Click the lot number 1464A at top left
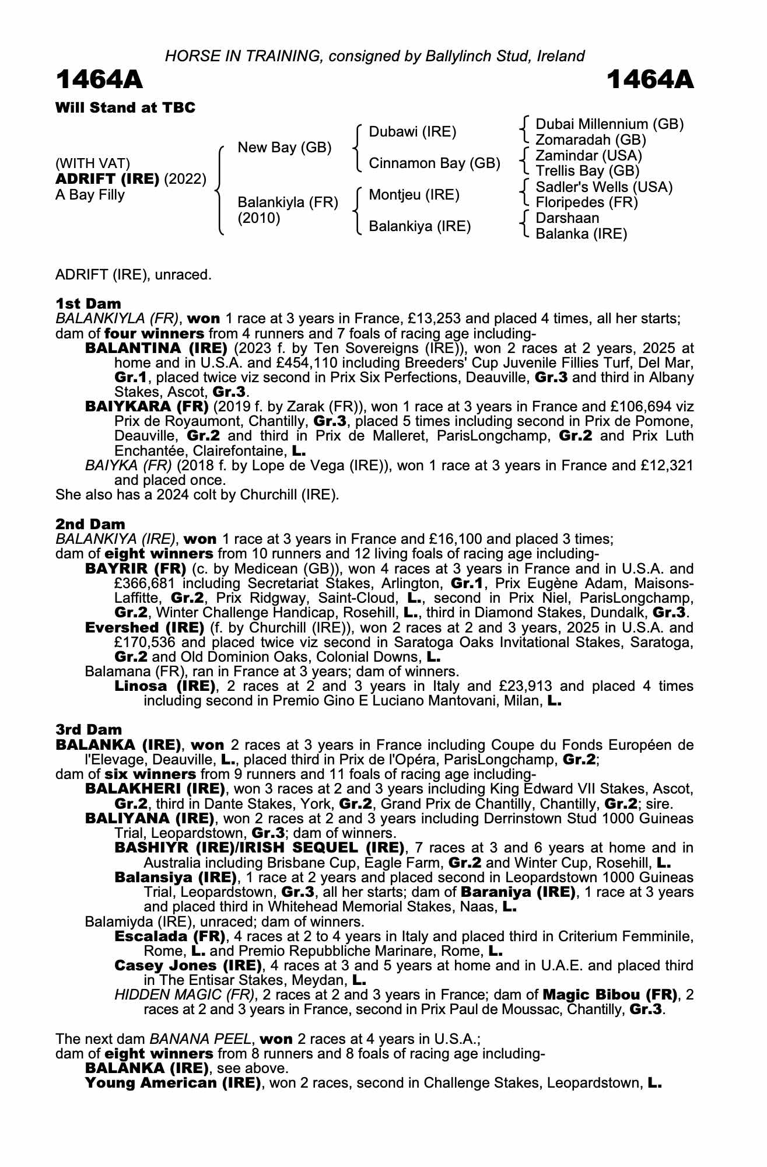99,80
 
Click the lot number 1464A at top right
650,80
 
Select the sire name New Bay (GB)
284,148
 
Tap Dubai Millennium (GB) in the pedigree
610,124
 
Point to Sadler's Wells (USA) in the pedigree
604,187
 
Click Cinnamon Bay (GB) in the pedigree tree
435,163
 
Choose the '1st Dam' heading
88,303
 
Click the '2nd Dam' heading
90,524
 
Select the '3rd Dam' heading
89,729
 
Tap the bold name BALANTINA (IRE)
156,348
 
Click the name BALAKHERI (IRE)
155,789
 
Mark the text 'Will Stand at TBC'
125,107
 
